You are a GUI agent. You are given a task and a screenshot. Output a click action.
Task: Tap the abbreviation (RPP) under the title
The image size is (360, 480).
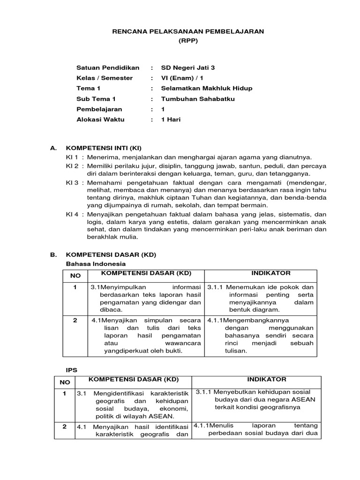(x=188, y=41)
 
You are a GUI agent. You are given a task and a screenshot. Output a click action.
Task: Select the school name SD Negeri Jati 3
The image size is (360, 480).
(x=188, y=67)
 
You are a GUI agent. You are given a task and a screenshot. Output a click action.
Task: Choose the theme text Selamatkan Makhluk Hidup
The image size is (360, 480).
(x=200, y=88)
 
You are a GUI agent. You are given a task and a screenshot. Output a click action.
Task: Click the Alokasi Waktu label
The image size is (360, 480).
(x=100, y=120)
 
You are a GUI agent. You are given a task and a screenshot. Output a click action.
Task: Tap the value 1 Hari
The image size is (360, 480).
(x=171, y=120)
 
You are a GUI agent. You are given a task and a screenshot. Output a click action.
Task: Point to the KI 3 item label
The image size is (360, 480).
(x=72, y=182)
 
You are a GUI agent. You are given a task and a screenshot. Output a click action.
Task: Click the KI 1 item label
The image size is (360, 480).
(x=72, y=157)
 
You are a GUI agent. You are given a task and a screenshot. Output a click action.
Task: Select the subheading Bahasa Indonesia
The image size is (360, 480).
(x=93, y=264)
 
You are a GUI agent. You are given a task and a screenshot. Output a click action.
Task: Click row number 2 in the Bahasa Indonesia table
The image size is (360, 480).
(x=75, y=321)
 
